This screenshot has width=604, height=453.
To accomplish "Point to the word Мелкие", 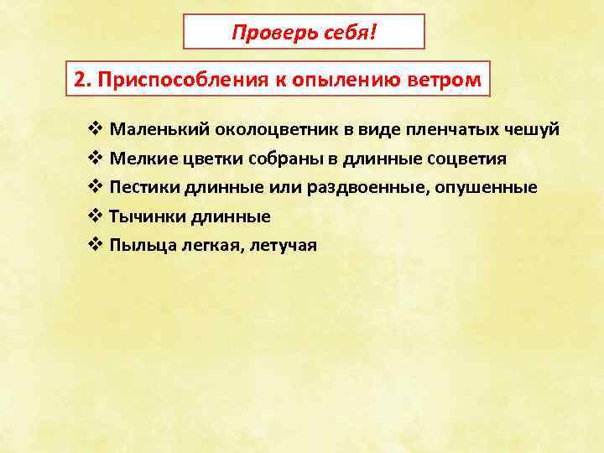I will [x=138, y=159].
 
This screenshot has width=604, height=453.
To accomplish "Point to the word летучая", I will [x=280, y=245].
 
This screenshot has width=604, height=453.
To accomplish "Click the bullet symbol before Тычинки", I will [x=93, y=216].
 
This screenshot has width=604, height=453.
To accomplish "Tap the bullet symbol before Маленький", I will [x=93, y=131].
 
